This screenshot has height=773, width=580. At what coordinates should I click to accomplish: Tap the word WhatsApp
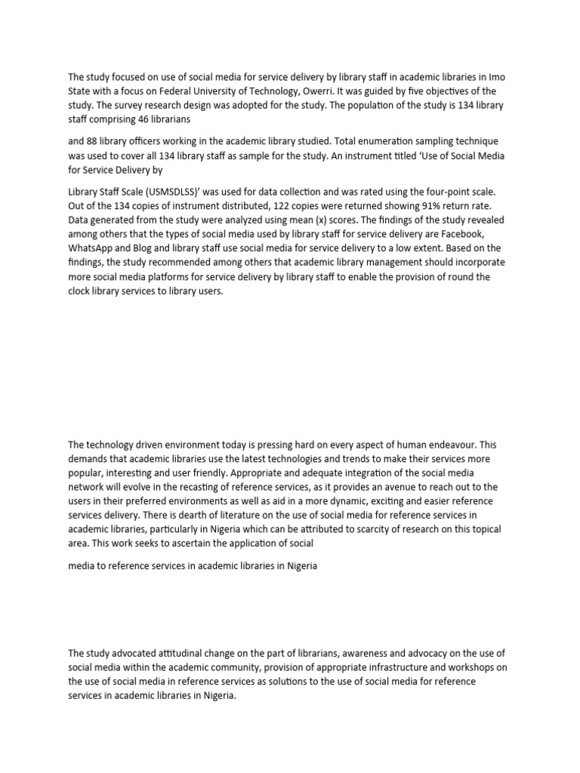(x=91, y=248)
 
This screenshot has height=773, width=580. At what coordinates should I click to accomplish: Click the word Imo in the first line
(x=489, y=76)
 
